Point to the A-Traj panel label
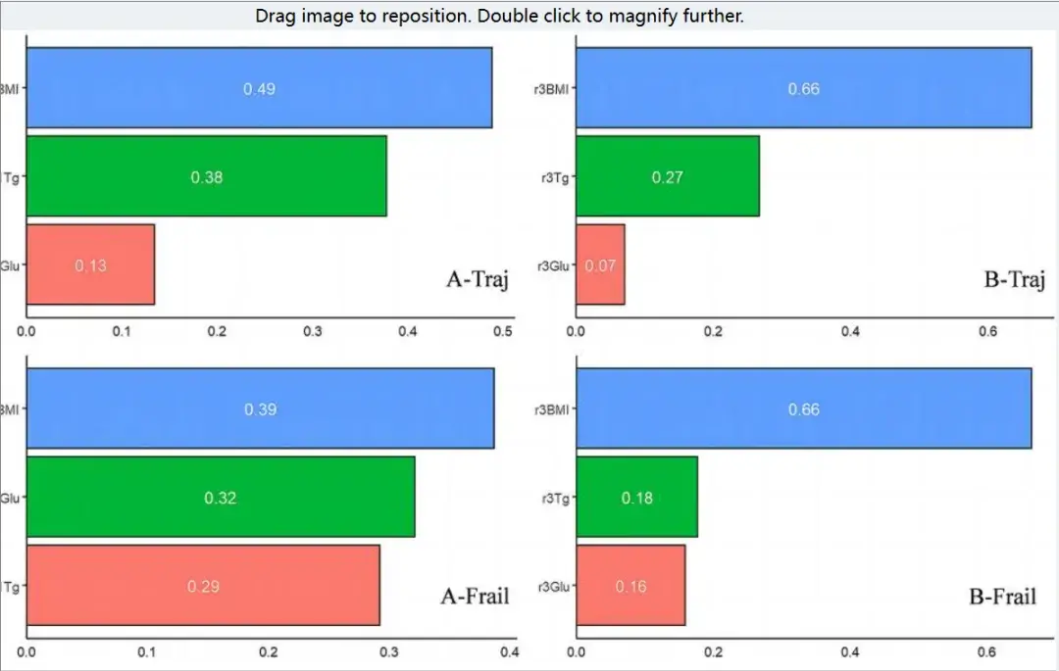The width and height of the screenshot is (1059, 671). point(478,279)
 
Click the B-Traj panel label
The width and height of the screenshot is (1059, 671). point(1013,279)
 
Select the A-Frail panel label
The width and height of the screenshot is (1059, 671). point(476,595)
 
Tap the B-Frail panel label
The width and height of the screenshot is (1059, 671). point(1002,595)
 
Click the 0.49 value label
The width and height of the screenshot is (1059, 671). point(259,89)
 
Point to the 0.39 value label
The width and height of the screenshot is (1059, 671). point(260,409)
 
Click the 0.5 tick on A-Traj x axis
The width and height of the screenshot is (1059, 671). point(503,332)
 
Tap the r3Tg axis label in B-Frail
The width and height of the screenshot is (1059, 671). point(555,498)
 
